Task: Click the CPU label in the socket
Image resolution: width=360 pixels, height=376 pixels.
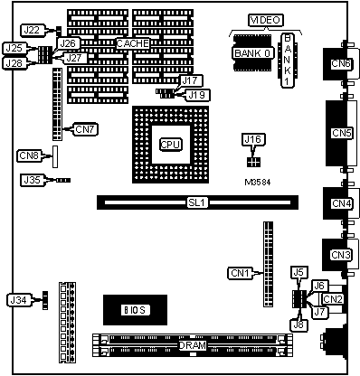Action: pyautogui.click(x=170, y=145)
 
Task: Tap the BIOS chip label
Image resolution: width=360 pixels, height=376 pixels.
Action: pyautogui.click(x=135, y=310)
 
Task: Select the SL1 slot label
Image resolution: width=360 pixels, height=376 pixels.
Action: pyautogui.click(x=196, y=202)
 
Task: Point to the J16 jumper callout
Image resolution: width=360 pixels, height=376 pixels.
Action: pyautogui.click(x=252, y=139)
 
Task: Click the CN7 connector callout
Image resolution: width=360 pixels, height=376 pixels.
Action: pyautogui.click(x=85, y=129)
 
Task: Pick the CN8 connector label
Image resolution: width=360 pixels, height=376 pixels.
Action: pyautogui.click(x=29, y=155)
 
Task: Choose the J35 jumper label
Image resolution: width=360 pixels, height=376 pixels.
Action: pyautogui.click(x=32, y=180)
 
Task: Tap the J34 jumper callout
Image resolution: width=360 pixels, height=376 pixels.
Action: pyautogui.click(x=19, y=300)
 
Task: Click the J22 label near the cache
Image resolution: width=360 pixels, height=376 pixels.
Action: pyautogui.click(x=32, y=30)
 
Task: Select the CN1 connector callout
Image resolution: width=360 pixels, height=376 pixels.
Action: pyautogui.click(x=240, y=273)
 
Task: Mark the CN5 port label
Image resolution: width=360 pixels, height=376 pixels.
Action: pyautogui.click(x=341, y=133)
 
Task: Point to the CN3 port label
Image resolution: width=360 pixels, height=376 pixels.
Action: pyautogui.click(x=341, y=255)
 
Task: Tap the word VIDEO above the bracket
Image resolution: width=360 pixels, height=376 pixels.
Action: pyautogui.click(x=266, y=20)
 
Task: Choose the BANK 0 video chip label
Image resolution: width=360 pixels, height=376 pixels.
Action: pyautogui.click(x=252, y=53)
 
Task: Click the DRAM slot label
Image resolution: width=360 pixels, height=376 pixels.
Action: pyautogui.click(x=193, y=345)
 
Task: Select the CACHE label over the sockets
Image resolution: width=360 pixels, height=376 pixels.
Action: pyautogui.click(x=133, y=43)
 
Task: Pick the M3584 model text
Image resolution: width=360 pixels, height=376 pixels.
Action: pyautogui.click(x=258, y=183)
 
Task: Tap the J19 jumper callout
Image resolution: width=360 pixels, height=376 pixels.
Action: pyautogui.click(x=197, y=95)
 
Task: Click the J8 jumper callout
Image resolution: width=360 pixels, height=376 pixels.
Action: pyautogui.click(x=298, y=324)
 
